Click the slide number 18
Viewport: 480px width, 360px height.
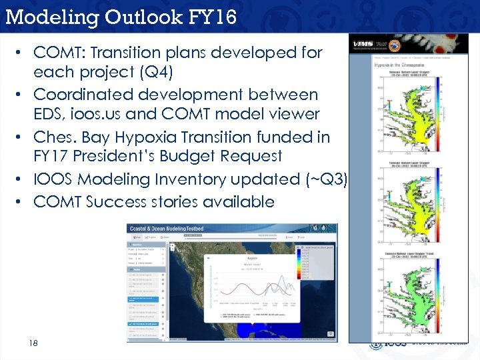(33, 343)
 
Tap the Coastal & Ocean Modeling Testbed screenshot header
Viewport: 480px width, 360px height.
(170, 229)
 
